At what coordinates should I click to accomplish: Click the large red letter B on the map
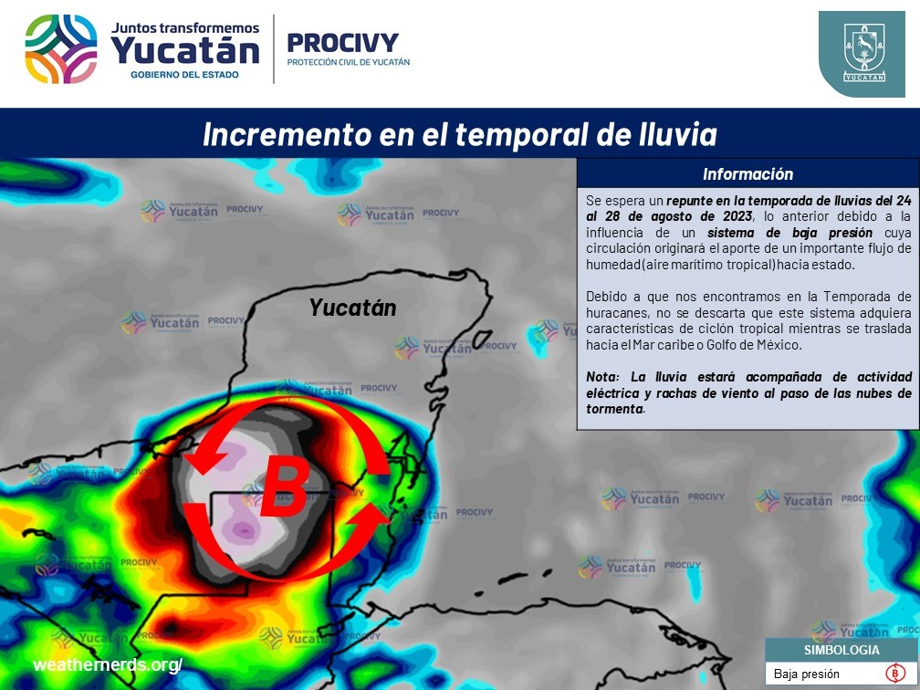pos(285,485)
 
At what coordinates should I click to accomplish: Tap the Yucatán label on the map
pos(352,308)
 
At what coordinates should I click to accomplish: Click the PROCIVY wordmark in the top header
pos(342,43)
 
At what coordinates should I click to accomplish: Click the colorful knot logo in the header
pos(61,49)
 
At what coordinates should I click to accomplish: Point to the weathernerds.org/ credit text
pos(108,664)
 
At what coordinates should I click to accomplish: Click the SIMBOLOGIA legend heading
pos(842,650)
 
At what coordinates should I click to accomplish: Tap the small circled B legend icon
pos(894,673)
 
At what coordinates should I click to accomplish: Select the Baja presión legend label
pos(806,674)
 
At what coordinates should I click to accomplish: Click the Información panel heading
pos(747,174)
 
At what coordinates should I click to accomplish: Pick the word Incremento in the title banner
pos(287,134)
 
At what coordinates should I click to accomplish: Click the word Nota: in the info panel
pos(602,377)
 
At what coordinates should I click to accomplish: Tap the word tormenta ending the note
pos(614,409)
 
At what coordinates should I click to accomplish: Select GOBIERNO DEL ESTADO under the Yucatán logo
pos(184,75)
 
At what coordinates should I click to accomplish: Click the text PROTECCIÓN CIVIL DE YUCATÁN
pos(348,62)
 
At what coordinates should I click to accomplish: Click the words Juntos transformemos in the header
pos(184,28)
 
